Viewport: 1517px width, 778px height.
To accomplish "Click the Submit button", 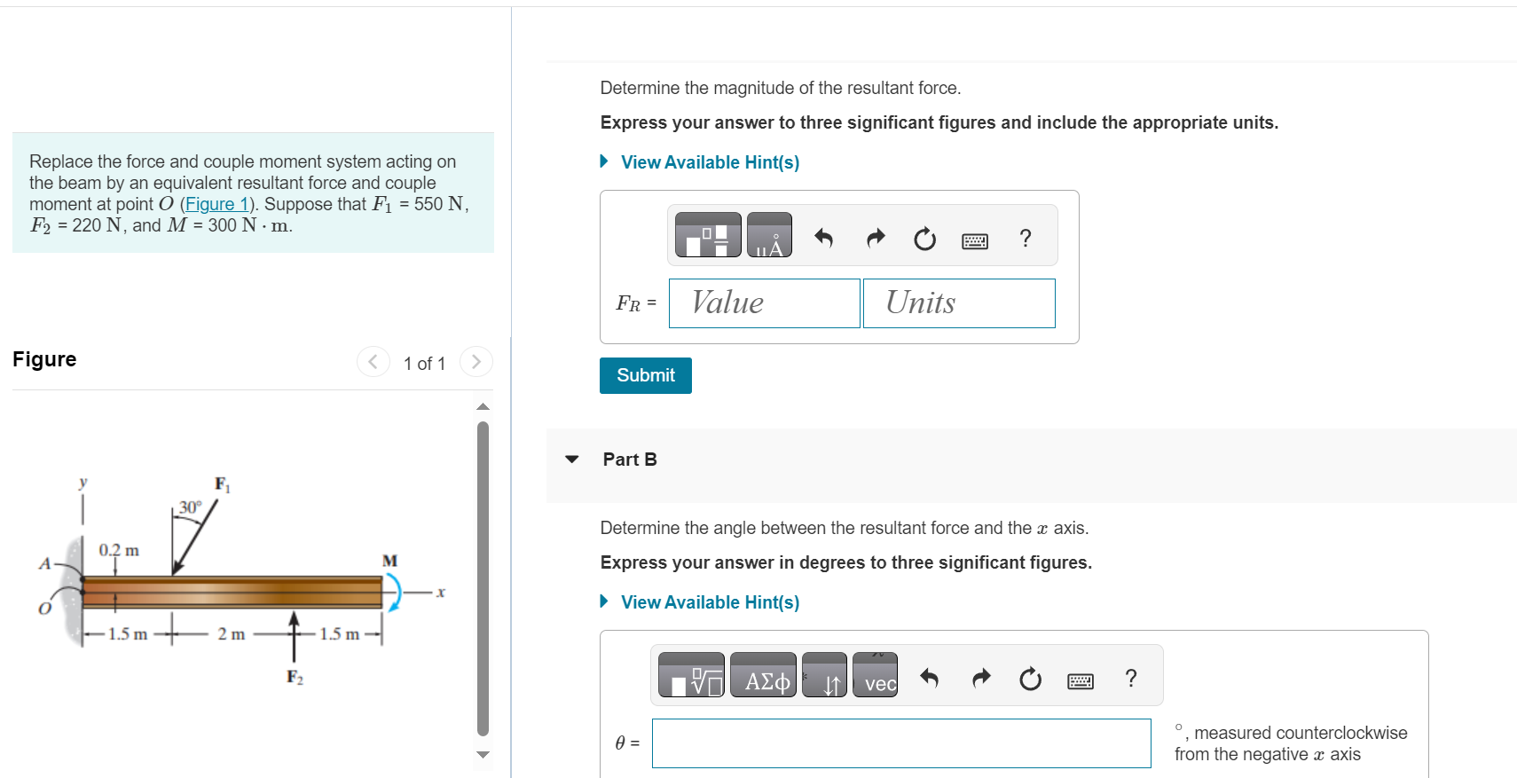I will pyautogui.click(x=645, y=375).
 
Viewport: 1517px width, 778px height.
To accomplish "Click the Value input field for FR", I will pyautogui.click(x=764, y=303).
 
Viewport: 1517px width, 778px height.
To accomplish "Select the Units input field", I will pyautogui.click(x=958, y=303).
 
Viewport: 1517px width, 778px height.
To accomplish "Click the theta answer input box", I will pyautogui.click(x=900, y=743).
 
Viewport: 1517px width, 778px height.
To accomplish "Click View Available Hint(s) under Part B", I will pyautogui.click(x=709, y=602).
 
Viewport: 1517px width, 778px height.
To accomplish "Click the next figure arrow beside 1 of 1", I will pyautogui.click(x=476, y=362).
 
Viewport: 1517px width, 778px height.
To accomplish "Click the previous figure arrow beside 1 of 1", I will pyautogui.click(x=373, y=362).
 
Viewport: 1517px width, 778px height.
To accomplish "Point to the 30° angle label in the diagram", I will pyautogui.click(x=190, y=507).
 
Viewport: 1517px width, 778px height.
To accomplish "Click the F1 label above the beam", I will pyautogui.click(x=222, y=484).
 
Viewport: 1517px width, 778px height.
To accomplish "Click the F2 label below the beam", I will pyautogui.click(x=295, y=677).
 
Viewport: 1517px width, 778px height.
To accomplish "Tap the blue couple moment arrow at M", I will pyautogui.click(x=394, y=592).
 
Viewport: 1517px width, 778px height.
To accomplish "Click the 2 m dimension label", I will pyautogui.click(x=231, y=634).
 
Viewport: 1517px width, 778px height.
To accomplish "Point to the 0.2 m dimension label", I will pyautogui.click(x=119, y=550).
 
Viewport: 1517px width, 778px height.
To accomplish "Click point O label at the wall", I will pyautogui.click(x=44, y=609).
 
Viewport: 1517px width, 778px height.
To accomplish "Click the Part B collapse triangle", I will pyautogui.click(x=572, y=460).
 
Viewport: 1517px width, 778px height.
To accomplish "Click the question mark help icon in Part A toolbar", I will pyautogui.click(x=1026, y=238).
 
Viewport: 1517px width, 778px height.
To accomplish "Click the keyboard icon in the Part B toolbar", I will pyautogui.click(x=1080, y=680).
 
